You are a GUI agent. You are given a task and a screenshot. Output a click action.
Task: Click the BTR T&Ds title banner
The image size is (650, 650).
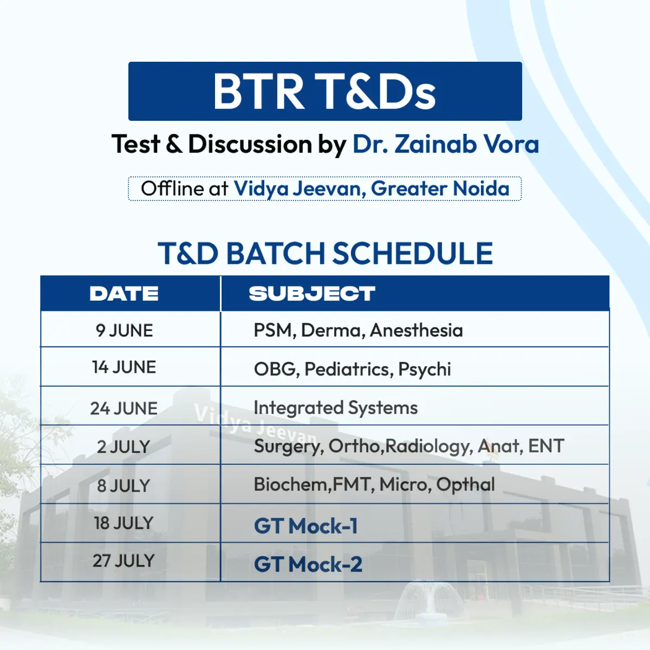[x=325, y=91]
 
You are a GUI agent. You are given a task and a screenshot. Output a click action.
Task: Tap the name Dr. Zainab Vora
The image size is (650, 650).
[x=446, y=144]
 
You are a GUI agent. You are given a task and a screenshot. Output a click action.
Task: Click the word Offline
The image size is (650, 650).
[x=172, y=188]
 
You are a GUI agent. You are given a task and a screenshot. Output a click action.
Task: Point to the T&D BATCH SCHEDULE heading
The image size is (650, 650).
[x=325, y=253]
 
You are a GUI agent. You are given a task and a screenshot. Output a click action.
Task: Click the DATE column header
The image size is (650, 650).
[x=124, y=294]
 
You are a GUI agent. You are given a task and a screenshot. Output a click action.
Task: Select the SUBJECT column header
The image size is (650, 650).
[x=312, y=294]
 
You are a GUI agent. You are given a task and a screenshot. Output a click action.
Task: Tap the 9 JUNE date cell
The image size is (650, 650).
[x=124, y=330]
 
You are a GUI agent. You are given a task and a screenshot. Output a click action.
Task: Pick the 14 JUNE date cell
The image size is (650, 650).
[x=124, y=367]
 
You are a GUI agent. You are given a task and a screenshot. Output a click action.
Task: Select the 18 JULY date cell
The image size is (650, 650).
[x=124, y=523]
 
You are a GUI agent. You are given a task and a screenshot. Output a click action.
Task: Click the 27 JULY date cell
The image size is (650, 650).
[x=124, y=561]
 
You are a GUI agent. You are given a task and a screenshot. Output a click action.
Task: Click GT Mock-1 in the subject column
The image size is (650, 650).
[x=305, y=526]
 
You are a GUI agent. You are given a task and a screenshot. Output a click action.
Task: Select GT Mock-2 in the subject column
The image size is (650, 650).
[x=308, y=564]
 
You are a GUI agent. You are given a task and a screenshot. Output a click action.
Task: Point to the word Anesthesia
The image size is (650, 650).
[x=416, y=330]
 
